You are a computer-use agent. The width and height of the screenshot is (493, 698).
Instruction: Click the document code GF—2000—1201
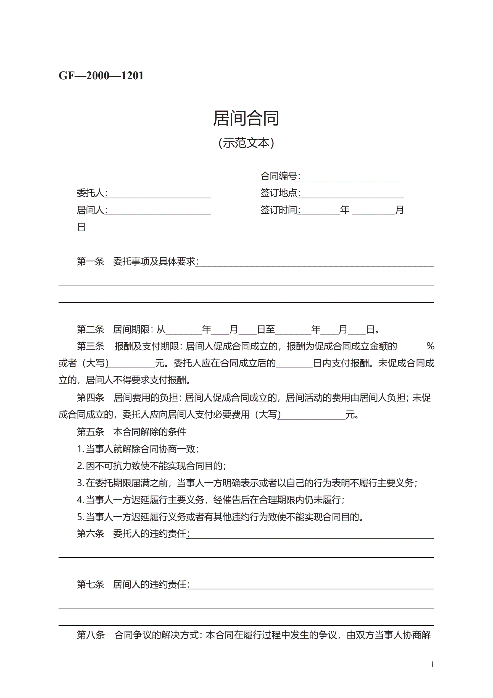pos(101,76)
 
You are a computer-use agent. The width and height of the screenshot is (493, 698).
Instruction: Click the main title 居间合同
pos(246,118)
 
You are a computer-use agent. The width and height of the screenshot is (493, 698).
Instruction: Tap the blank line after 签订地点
pos(352,194)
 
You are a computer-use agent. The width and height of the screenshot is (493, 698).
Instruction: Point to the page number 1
pos(432,664)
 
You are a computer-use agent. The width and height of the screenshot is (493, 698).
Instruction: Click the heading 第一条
pos(90,261)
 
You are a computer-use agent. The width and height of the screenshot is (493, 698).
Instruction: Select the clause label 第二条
pos(90,329)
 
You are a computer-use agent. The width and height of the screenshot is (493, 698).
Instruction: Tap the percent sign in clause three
pos(430,346)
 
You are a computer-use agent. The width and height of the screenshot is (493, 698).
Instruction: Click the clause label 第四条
pos(90,397)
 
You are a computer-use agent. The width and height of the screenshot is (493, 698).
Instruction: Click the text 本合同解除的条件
pos(149,432)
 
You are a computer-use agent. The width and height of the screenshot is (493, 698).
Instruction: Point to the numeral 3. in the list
pos(80,483)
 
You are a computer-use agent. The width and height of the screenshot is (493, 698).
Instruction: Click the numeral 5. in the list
pos(80,517)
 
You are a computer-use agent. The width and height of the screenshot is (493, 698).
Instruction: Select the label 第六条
pos(90,534)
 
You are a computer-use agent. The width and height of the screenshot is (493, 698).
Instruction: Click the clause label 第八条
pos(90,635)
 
